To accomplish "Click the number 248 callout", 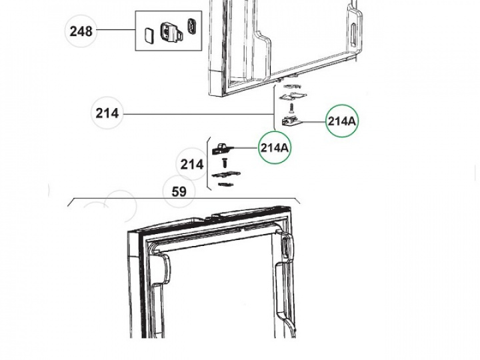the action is (x=81, y=31).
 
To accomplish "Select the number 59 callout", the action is (x=179, y=191).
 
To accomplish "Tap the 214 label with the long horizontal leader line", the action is (x=107, y=113).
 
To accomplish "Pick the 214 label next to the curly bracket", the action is (x=192, y=165).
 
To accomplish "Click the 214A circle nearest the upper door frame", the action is (x=341, y=121).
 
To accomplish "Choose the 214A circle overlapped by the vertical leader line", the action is (x=274, y=147).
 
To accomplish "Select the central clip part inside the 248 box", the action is (x=171, y=32).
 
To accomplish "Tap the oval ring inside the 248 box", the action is (x=192, y=26).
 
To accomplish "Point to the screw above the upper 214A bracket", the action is (x=291, y=107).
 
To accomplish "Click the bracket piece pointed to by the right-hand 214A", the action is (x=291, y=121).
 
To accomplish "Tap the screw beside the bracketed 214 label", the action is (x=225, y=163).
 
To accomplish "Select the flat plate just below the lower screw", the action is (x=226, y=175).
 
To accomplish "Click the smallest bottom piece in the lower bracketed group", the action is (x=226, y=185).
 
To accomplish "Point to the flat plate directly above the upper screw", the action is (x=293, y=96).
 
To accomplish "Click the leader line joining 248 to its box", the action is (x=116, y=30).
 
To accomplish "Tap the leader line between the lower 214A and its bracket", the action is (x=246, y=147).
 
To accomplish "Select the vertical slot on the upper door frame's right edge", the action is (x=353, y=34).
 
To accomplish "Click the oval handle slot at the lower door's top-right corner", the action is (x=285, y=245).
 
